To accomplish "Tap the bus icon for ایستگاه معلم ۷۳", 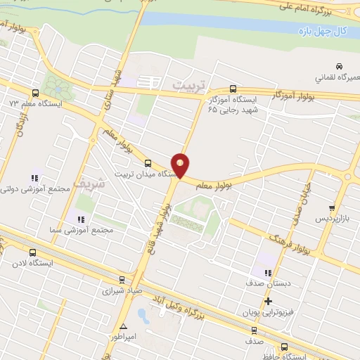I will pos(35,93).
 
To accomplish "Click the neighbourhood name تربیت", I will pos(192,85).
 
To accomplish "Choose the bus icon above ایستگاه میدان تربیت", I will pos(147,163).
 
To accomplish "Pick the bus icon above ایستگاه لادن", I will pos(32,253).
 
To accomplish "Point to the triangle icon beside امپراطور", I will pos(124,326).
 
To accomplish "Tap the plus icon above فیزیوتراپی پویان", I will pos(268,301).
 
